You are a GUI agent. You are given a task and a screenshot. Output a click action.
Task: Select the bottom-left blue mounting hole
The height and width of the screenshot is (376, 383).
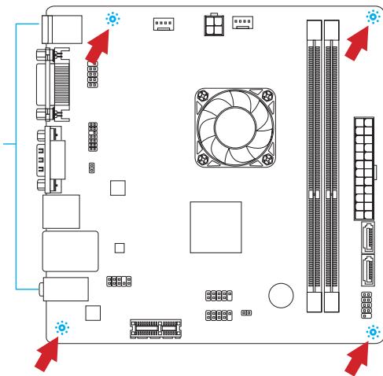pyautogui.click(x=62, y=328)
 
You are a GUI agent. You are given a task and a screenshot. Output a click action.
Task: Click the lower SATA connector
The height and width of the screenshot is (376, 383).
pyautogui.click(x=369, y=273)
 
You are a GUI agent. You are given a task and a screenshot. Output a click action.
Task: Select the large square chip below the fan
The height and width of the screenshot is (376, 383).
pyautogui.click(x=214, y=225)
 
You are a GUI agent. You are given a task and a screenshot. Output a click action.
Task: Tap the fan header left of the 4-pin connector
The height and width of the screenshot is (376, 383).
pyautogui.click(x=163, y=25)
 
